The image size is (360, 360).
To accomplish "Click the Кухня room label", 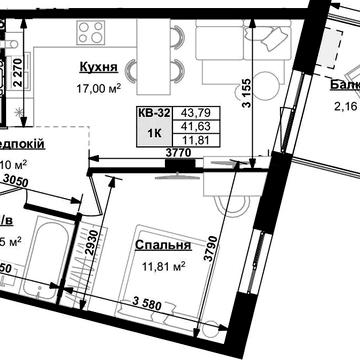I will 98,69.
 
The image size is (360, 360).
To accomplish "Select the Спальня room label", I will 162,245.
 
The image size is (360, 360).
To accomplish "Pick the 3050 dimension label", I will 14,180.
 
